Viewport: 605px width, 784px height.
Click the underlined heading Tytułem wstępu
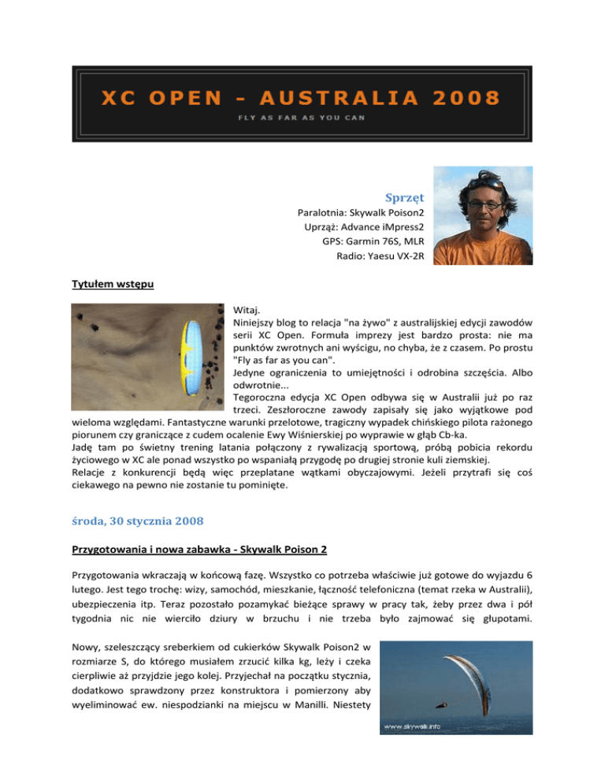(106, 287)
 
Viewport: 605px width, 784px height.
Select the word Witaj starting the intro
(247, 312)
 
